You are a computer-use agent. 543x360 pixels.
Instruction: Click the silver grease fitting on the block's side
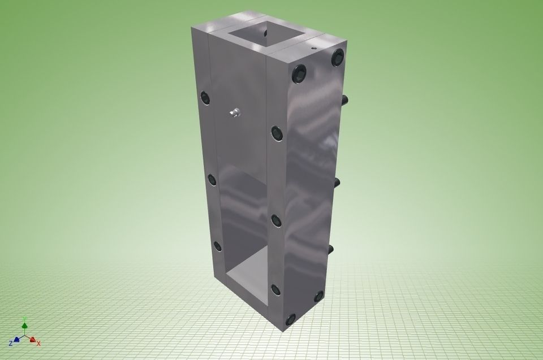click(235, 114)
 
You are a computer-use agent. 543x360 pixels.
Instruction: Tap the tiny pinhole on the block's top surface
click(314, 49)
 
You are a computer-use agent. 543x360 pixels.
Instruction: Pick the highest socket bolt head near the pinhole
click(338, 56)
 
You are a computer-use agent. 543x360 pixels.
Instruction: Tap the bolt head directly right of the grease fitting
click(277, 133)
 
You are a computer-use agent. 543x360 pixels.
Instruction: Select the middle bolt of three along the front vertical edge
click(277, 220)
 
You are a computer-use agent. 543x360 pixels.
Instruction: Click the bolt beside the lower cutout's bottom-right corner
click(275, 290)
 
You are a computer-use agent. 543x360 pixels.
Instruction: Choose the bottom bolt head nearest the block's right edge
click(318, 296)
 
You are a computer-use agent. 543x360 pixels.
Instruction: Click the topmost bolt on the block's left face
click(205, 98)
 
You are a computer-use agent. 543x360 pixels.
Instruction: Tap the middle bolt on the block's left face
click(212, 180)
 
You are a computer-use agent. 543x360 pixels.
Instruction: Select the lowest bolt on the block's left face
click(217, 246)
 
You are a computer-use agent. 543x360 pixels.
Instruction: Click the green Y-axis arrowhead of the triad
click(24, 324)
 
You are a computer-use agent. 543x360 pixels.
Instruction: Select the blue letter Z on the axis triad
click(10, 343)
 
